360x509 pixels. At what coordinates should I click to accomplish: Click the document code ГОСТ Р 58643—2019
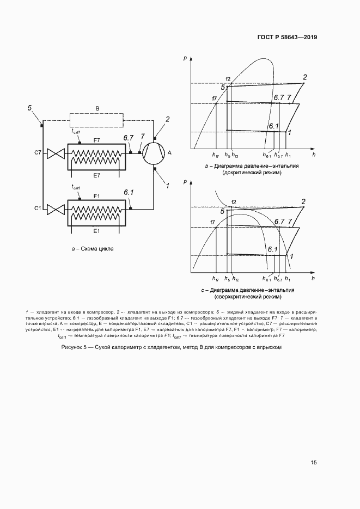click(x=287, y=38)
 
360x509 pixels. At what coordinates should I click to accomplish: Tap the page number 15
click(x=314, y=463)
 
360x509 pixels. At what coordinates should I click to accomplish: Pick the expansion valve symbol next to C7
click(x=54, y=154)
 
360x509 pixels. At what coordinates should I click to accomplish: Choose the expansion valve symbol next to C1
click(x=54, y=209)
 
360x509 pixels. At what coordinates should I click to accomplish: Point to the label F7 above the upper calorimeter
click(x=96, y=140)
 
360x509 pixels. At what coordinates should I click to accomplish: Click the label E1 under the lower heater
click(x=96, y=231)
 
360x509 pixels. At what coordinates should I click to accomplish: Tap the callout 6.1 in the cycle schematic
click(x=129, y=192)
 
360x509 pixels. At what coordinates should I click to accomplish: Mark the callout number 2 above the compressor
click(x=168, y=119)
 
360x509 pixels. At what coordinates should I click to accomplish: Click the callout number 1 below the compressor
click(x=168, y=186)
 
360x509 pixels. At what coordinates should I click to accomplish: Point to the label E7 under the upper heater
click(x=96, y=175)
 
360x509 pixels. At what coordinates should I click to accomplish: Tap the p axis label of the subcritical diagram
click(x=186, y=57)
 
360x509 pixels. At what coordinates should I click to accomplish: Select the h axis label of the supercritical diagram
click(x=313, y=278)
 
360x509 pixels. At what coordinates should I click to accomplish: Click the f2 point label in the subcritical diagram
click(x=228, y=80)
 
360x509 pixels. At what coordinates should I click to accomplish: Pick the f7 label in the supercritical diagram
click(x=214, y=222)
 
